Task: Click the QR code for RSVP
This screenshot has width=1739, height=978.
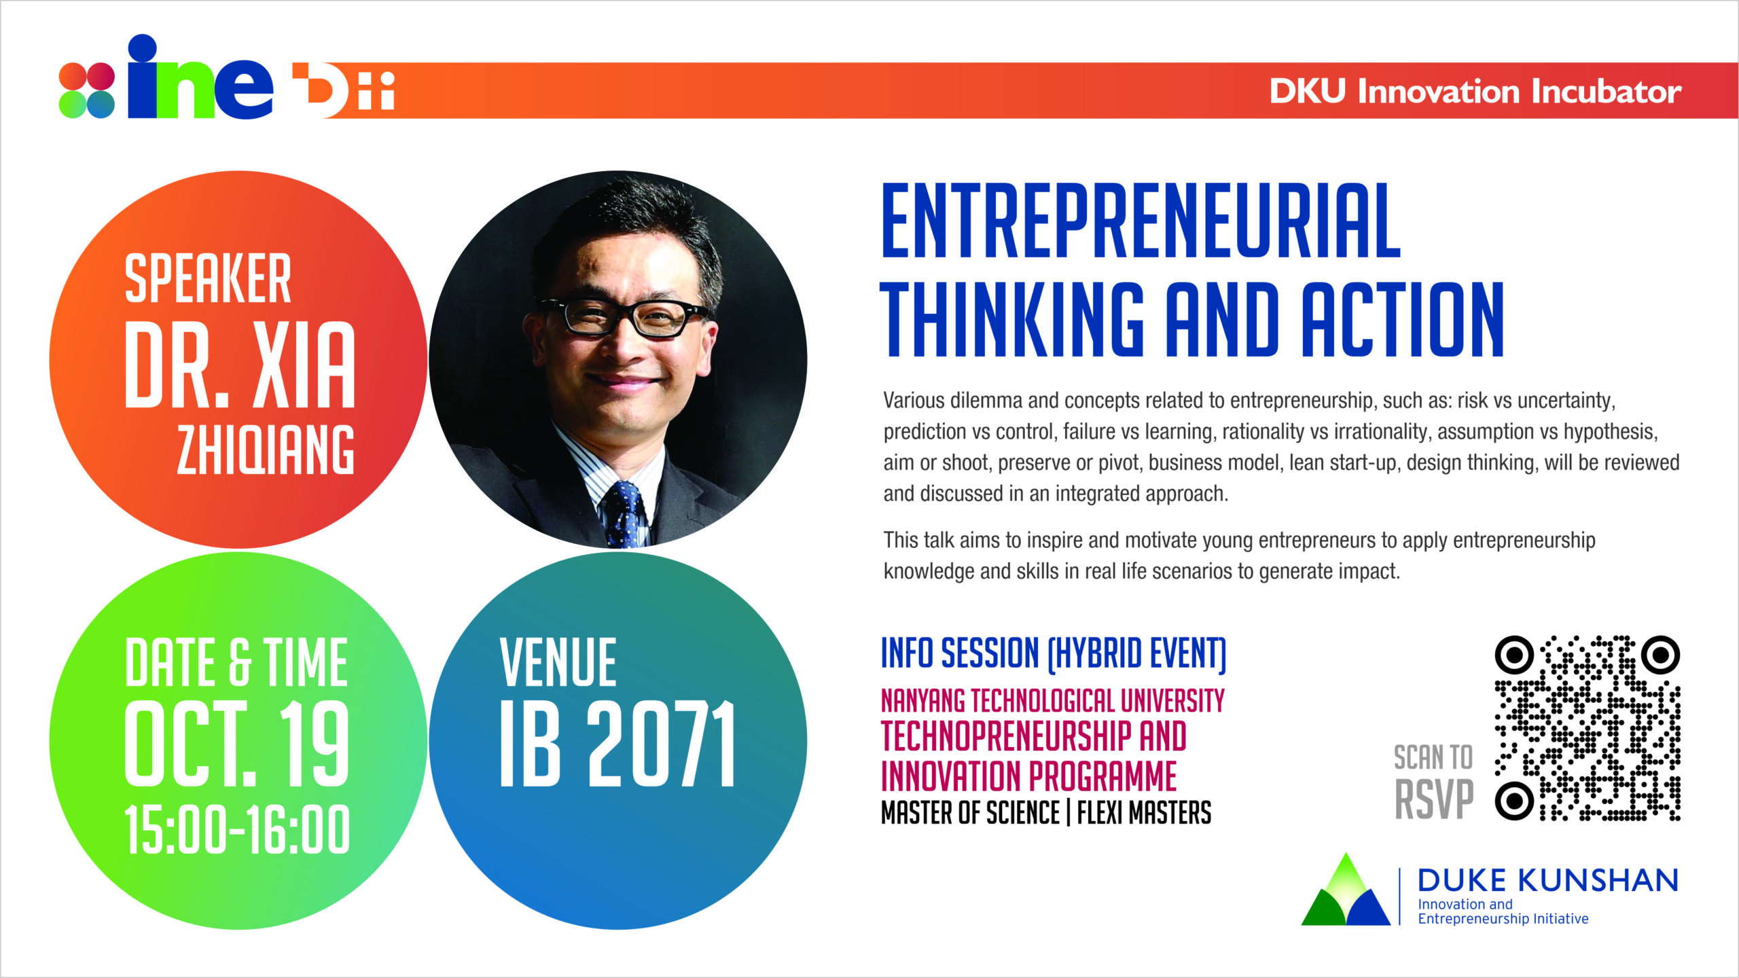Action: tap(1588, 728)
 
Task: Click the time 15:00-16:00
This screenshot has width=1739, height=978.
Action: tap(237, 829)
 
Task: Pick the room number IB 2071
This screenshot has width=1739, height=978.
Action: tap(617, 744)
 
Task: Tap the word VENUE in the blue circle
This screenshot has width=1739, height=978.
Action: tap(558, 662)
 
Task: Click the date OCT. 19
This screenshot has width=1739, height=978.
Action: tap(237, 744)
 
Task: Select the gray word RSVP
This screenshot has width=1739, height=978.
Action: tap(1434, 799)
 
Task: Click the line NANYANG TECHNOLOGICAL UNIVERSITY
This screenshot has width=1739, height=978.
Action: tap(1053, 701)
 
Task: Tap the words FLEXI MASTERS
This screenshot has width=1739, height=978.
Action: tap(1144, 813)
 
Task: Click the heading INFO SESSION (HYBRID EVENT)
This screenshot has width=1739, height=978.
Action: tap(1054, 653)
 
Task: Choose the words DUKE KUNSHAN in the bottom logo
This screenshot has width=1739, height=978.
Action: tap(1548, 880)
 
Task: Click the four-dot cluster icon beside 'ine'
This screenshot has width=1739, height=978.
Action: tap(87, 90)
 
